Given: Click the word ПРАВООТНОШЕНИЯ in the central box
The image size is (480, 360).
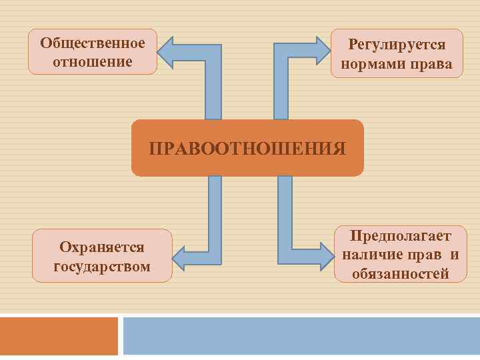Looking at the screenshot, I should click(247, 148).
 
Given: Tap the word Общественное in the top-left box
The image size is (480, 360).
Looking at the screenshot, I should click(93, 43).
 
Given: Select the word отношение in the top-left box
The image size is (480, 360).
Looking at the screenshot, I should click(93, 61).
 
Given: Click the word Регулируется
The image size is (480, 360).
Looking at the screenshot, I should click(397, 45).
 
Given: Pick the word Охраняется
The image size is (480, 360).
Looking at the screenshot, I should click(102, 247).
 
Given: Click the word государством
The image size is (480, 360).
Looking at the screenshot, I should click(102, 267).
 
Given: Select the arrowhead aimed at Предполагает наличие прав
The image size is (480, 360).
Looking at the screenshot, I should click(326, 257).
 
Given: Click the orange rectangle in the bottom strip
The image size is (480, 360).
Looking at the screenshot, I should click(59, 336).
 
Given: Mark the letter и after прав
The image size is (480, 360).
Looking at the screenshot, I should click(454, 255).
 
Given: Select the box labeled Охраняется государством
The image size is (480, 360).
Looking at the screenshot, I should click(102, 255).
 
